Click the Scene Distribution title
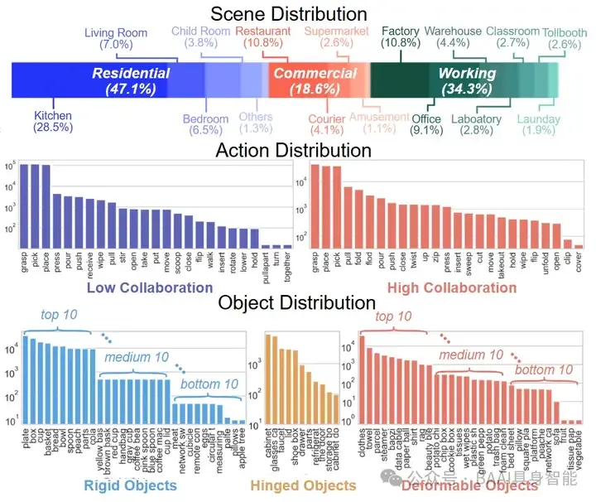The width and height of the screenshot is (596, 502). (288, 14)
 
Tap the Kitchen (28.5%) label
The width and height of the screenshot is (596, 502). (53, 121)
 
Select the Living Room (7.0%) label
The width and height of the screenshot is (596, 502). (115, 37)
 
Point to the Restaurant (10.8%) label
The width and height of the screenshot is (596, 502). (262, 37)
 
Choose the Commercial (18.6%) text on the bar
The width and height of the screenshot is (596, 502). (315, 81)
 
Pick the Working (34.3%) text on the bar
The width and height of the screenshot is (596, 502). (467, 81)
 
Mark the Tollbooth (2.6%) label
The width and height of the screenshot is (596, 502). (565, 39)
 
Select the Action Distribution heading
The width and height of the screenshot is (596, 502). (293, 150)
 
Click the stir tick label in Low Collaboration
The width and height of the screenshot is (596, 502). (122, 266)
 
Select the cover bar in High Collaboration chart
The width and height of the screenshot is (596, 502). (579, 246)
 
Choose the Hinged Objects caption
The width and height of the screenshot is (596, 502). (303, 485)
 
